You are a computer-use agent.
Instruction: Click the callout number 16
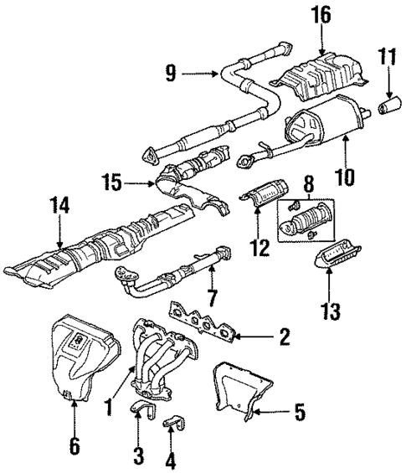click(x=324, y=15)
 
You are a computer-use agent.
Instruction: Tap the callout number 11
click(x=386, y=59)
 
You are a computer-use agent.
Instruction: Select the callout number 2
click(x=284, y=337)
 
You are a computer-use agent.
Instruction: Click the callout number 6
click(x=74, y=446)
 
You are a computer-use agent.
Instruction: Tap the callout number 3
click(x=139, y=455)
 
